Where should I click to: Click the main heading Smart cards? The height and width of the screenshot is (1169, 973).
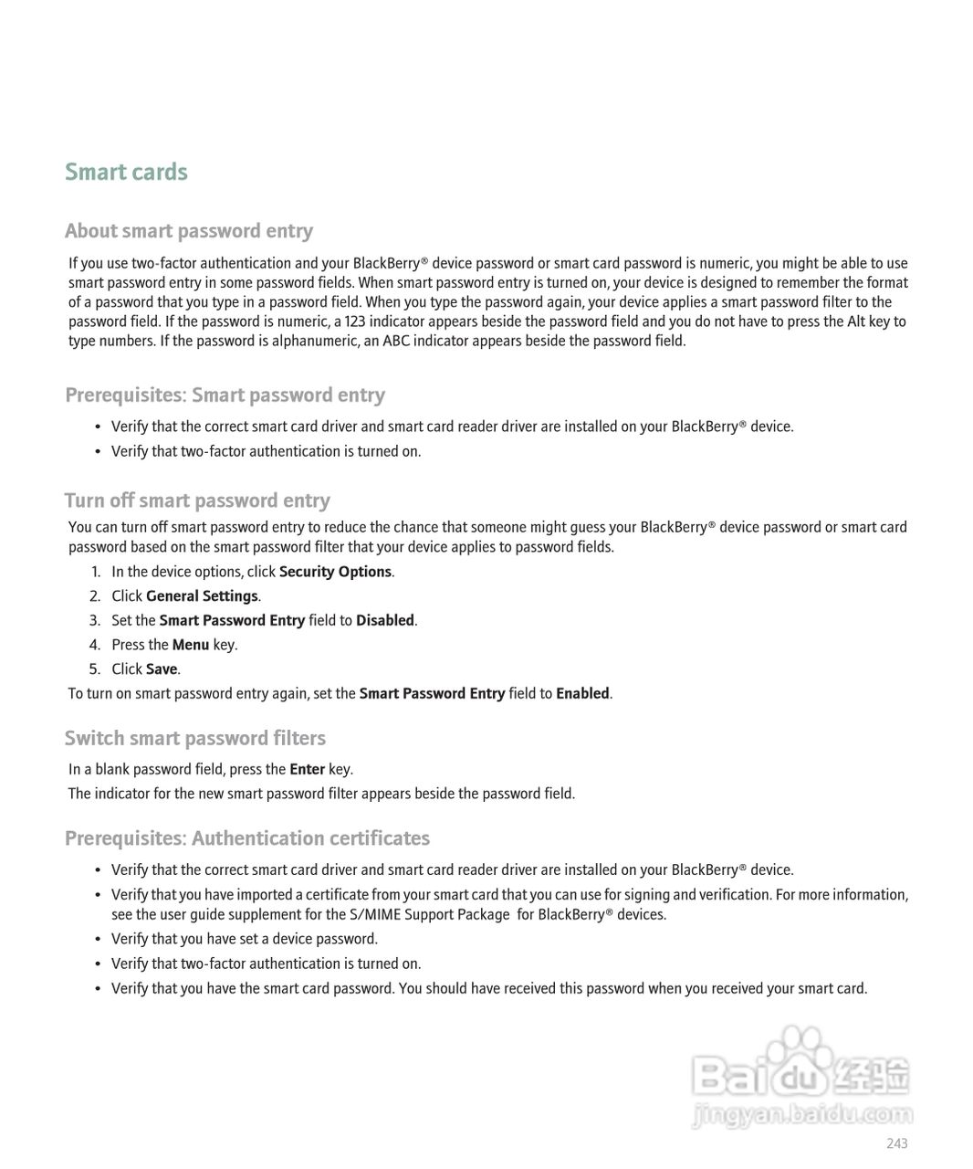(126, 172)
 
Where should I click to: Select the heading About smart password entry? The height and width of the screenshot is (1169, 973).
(189, 231)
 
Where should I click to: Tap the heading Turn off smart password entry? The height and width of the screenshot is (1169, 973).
(197, 500)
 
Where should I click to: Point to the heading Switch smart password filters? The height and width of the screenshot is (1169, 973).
(195, 738)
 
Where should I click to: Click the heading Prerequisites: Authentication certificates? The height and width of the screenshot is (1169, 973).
(247, 838)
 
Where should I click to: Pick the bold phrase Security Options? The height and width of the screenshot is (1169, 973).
(335, 572)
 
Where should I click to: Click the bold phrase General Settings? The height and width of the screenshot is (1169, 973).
(202, 596)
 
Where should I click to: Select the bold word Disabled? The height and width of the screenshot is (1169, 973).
(385, 620)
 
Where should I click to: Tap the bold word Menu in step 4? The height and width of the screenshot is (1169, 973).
(191, 645)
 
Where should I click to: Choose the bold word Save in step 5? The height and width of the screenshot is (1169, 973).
(162, 669)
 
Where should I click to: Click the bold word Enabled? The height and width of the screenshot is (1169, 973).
(582, 693)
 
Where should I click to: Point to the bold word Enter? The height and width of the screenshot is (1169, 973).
(308, 769)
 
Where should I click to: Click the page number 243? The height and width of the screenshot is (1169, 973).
(896, 1143)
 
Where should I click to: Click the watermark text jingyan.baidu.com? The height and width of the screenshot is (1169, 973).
(803, 1114)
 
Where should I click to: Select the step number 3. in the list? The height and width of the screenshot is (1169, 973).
(95, 620)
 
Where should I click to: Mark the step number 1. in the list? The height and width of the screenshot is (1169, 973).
(95, 572)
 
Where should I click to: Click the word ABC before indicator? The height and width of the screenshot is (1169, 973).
(396, 341)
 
